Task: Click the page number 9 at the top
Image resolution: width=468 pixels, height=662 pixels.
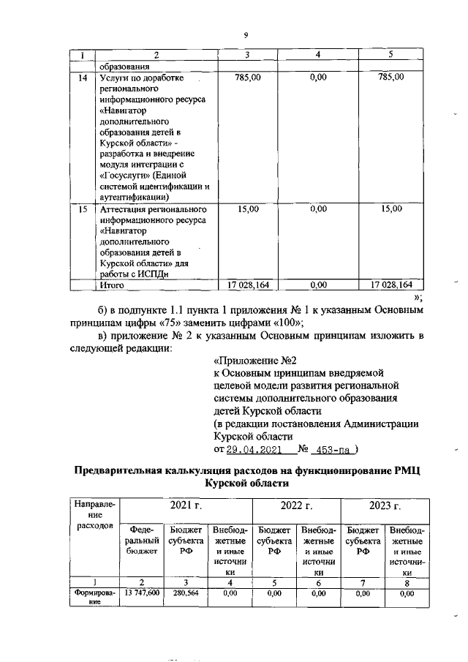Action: (x=246, y=34)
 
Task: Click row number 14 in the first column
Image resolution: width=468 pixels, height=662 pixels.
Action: (x=83, y=77)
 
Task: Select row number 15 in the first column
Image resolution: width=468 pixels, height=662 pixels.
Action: (x=83, y=209)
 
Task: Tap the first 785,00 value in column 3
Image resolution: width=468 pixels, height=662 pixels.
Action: (x=248, y=77)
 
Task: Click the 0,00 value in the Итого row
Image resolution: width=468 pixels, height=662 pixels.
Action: (x=318, y=285)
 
